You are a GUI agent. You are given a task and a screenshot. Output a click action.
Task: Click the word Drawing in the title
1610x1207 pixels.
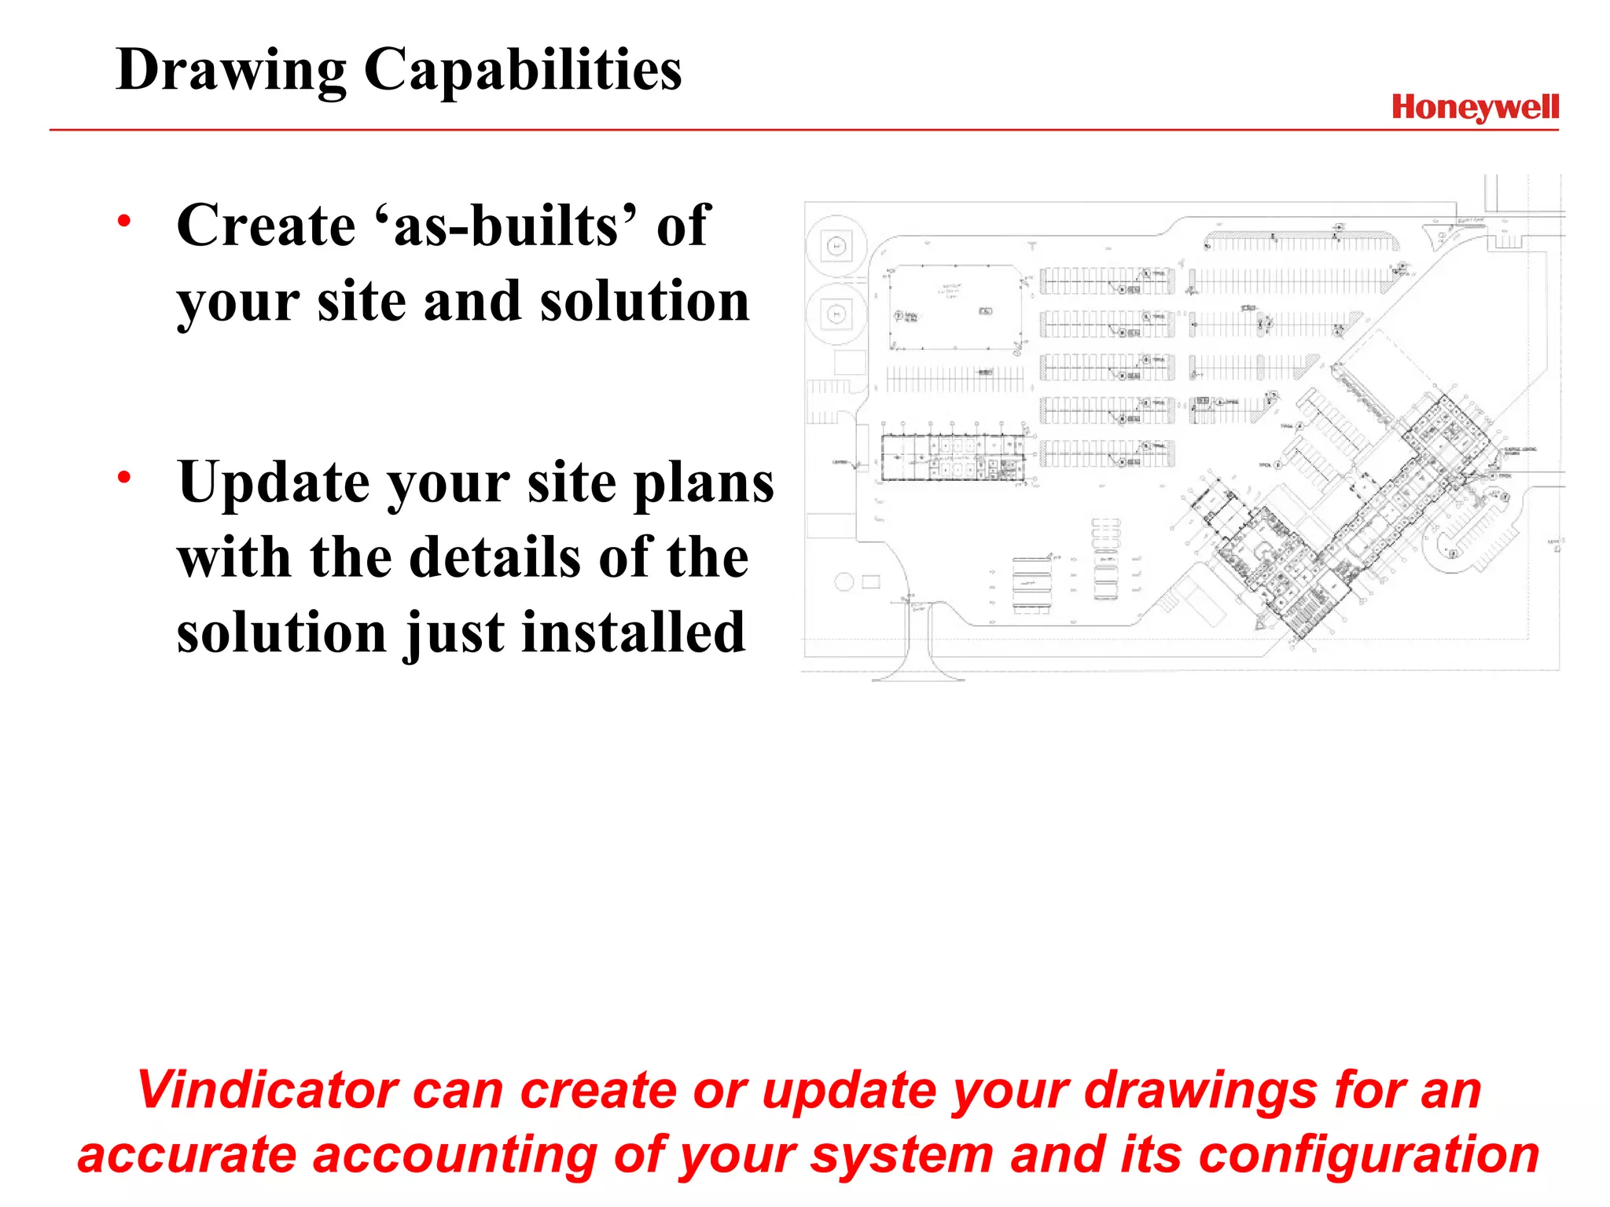click(x=230, y=71)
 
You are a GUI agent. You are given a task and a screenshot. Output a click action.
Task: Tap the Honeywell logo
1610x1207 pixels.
click(x=1475, y=108)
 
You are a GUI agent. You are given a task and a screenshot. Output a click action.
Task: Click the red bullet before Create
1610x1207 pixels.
click(x=124, y=222)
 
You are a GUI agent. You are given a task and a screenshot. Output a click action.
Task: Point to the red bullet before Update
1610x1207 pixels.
click(x=124, y=477)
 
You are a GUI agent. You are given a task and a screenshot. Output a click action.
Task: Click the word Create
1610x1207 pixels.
click(x=266, y=226)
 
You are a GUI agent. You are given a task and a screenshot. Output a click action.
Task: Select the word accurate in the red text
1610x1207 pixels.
click(x=187, y=1155)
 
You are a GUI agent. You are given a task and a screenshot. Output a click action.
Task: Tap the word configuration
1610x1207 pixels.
click(x=1369, y=1155)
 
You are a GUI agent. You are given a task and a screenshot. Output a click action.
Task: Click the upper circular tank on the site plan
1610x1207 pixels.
click(x=836, y=247)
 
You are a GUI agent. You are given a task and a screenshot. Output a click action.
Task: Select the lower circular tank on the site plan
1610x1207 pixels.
click(x=836, y=314)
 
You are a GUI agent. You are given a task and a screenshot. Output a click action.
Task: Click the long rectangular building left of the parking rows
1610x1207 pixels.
click(x=953, y=457)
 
